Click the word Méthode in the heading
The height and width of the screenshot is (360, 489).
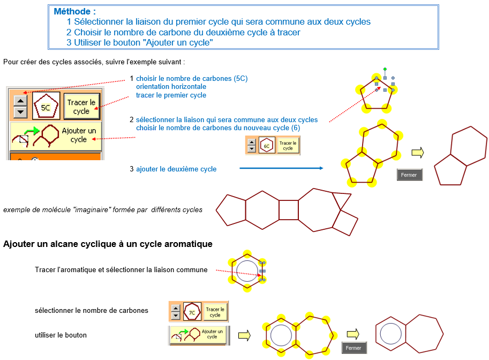[72, 12]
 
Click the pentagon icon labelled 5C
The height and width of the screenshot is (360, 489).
[46, 106]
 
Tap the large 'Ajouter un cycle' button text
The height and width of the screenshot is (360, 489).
[79, 135]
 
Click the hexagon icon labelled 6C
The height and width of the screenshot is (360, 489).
[267, 145]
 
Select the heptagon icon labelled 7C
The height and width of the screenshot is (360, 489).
[192, 312]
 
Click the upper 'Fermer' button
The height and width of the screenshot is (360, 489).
[410, 175]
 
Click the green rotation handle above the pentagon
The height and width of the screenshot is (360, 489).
[385, 69]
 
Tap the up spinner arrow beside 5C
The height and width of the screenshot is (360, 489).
[20, 101]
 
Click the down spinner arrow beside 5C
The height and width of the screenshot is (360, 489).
[20, 111]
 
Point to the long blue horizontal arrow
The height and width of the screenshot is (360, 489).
[281, 168]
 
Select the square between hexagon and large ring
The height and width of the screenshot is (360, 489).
[289, 210]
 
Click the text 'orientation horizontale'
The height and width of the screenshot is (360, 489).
[171, 86]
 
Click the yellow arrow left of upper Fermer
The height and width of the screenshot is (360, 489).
[418, 153]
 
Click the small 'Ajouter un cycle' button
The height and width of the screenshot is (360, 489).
[199, 335]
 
